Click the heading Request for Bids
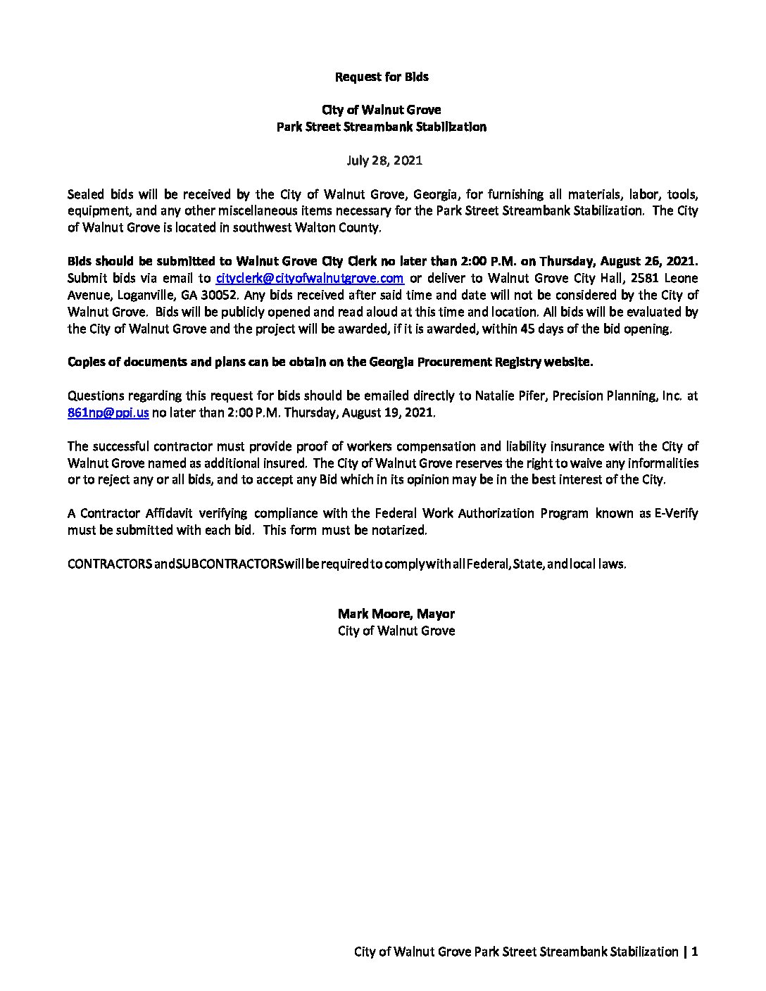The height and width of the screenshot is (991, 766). (382, 76)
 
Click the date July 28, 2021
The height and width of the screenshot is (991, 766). (384, 160)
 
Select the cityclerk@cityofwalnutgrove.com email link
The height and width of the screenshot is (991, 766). (309, 278)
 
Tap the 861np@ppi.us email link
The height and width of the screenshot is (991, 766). (108, 413)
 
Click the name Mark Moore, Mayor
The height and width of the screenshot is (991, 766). (396, 614)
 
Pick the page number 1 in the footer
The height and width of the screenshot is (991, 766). (694, 952)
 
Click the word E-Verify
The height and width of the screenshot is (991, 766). (676, 513)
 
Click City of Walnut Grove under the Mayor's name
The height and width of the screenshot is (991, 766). (396, 631)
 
